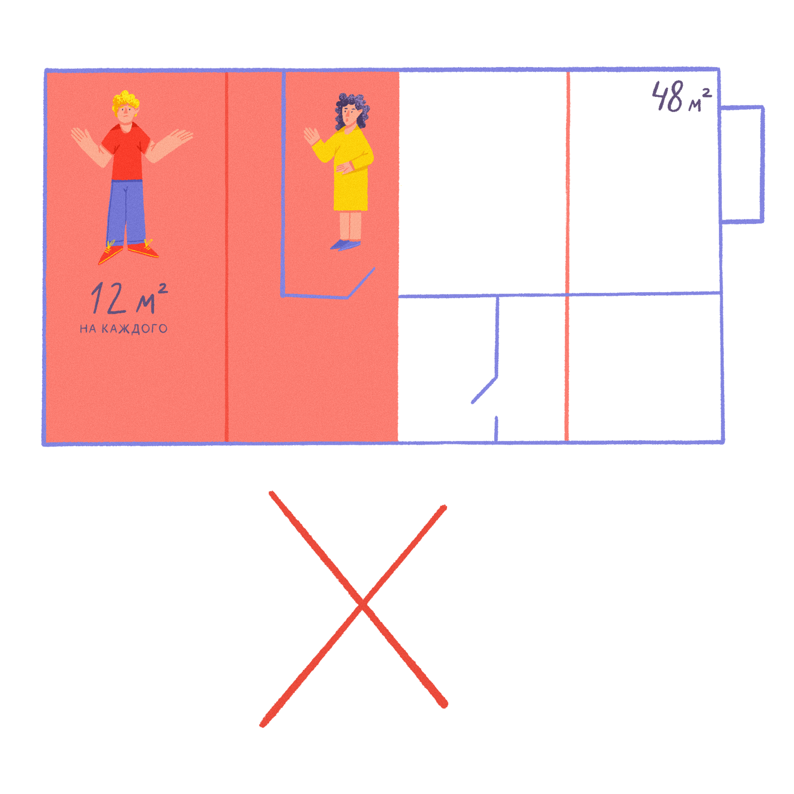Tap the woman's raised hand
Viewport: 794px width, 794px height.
pos(311,136)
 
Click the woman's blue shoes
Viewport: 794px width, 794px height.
pos(345,245)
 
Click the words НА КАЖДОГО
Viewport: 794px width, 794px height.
pos(123,328)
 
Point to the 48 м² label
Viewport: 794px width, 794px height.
pos(681,97)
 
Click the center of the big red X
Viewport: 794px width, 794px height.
pos(362,605)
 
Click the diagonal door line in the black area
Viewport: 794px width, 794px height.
pos(484,391)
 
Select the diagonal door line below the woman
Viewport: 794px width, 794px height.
pos(362,283)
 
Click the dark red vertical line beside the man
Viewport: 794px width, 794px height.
pos(226,255)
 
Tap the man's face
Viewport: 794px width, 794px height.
pos(125,113)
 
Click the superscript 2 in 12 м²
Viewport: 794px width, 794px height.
pos(162,288)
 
